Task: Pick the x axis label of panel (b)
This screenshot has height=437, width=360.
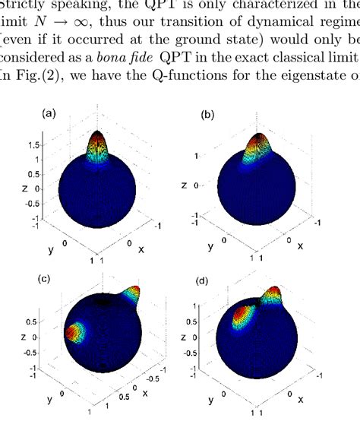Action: [301, 245]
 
